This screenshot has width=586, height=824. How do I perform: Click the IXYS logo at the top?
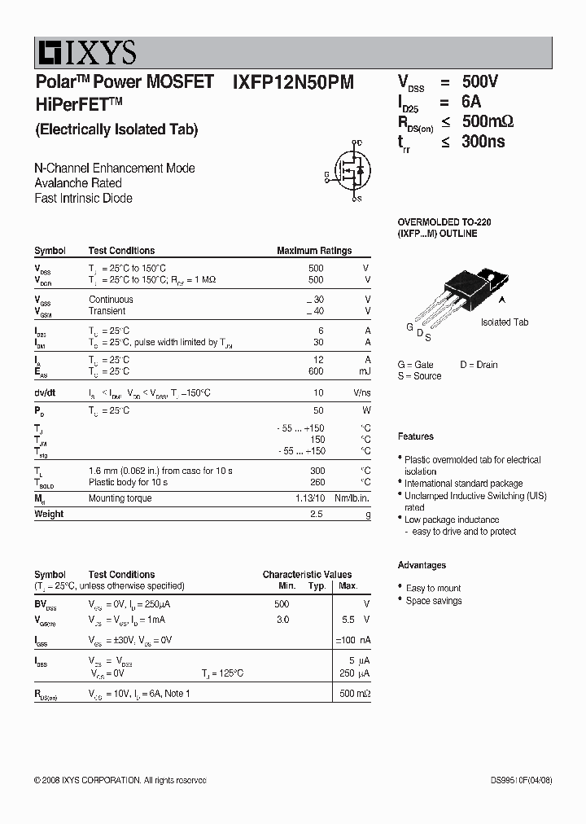pos(85,54)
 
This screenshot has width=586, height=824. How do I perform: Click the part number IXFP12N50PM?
pos(293,81)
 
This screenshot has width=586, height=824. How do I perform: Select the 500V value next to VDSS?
pos(479,81)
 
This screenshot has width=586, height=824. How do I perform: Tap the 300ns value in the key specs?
pos(483,142)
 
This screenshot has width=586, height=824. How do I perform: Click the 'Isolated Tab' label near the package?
pos(504,322)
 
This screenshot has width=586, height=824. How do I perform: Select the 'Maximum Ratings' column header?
pos(314,251)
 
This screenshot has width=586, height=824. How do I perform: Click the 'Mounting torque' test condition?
pos(118,498)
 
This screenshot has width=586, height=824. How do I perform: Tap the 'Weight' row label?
pos(49,514)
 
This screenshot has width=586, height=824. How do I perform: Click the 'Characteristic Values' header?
pos(307,574)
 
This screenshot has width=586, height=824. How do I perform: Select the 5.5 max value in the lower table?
pos(348,620)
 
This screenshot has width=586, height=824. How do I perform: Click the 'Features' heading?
pos(416,436)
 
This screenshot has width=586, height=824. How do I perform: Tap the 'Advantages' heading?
pos(422,565)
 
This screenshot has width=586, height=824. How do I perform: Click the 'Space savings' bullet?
pos(434,601)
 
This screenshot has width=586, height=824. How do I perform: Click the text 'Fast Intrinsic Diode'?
pos(83,198)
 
